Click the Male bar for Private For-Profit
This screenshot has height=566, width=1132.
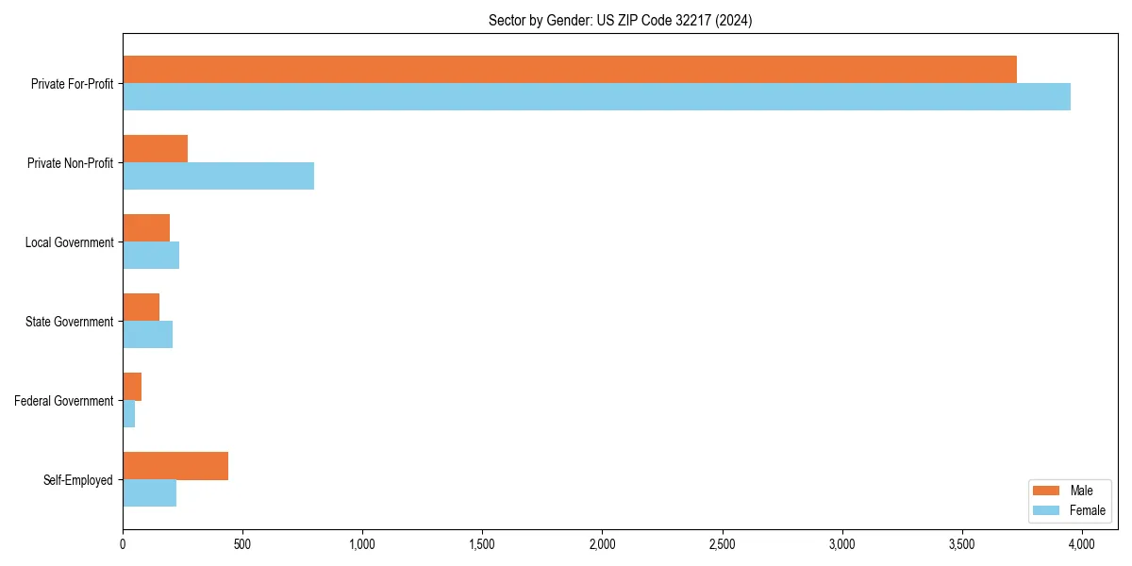(570, 70)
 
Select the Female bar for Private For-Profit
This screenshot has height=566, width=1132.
(596, 97)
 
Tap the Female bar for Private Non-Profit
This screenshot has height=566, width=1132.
(218, 176)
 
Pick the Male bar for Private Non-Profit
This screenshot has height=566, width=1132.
(155, 149)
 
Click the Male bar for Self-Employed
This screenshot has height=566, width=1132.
(175, 466)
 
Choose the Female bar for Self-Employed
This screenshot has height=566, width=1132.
(149, 493)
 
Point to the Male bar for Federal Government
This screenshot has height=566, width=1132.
(132, 387)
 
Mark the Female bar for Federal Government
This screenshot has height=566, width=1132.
(128, 414)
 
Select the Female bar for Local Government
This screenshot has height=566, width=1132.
(151, 256)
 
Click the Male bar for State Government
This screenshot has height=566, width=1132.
(141, 308)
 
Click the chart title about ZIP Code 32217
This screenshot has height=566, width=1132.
(620, 20)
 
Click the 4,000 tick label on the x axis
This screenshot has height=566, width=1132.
(1081, 544)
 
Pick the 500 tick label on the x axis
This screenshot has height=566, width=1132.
(242, 544)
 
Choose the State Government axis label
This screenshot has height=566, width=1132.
(69, 322)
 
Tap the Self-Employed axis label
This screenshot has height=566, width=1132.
(77, 480)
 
